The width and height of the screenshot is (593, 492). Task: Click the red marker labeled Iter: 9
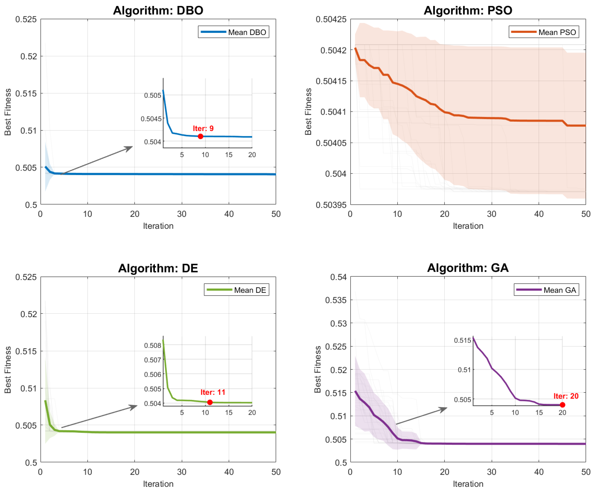pyautogui.click(x=200, y=136)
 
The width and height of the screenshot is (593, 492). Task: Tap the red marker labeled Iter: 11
pyautogui.click(x=210, y=402)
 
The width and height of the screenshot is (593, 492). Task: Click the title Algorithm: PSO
pyautogui.click(x=468, y=11)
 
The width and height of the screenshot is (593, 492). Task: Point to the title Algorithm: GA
pyautogui.click(x=468, y=268)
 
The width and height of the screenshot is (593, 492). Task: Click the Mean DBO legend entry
pyautogui.click(x=233, y=32)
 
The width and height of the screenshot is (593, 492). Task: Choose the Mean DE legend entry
pyautogui.click(x=237, y=290)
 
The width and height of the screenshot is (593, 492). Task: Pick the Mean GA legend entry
pyautogui.click(x=546, y=290)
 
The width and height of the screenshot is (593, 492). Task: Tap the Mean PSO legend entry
pyautogui.click(x=544, y=32)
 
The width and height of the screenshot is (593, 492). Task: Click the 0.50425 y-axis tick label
pyautogui.click(x=331, y=19)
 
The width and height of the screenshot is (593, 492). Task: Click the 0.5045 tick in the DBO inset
pyautogui.click(x=151, y=119)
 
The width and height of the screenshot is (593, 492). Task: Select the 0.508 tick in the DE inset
pyautogui.click(x=153, y=345)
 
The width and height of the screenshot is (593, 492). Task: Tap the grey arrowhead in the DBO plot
pyautogui.click(x=129, y=148)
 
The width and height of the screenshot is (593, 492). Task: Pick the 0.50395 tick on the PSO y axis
pyautogui.click(x=331, y=205)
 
